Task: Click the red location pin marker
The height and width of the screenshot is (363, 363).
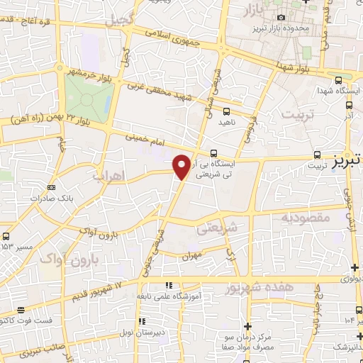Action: pyautogui.click(x=182, y=166)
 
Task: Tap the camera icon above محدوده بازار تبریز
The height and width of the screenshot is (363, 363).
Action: pyautogui.click(x=281, y=17)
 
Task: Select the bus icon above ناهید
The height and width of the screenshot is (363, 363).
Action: pyautogui.click(x=226, y=111)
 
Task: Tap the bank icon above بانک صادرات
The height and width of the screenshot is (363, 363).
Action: pyautogui.click(x=51, y=187)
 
